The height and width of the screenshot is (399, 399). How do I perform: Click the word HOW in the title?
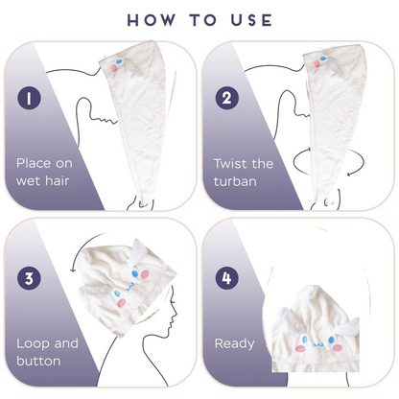click(152, 20)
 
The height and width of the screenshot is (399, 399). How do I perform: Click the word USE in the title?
click(251, 20)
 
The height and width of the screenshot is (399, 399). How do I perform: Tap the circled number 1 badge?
click(29, 98)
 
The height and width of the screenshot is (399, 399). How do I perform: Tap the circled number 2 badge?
click(226, 98)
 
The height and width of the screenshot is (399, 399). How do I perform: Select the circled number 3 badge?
click(29, 278)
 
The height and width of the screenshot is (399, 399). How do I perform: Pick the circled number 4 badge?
click(226, 278)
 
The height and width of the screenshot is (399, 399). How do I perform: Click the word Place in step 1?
click(35, 163)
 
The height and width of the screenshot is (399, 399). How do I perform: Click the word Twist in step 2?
click(231, 164)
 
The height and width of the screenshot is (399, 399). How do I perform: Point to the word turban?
click(235, 181)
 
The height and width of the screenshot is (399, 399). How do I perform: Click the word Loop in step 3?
click(34, 344)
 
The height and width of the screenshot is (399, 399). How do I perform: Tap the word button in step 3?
click(38, 361)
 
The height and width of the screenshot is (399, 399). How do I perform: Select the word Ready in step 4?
click(235, 344)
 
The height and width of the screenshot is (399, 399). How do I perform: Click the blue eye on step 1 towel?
click(119, 60)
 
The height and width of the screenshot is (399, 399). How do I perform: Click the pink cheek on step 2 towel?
click(317, 63)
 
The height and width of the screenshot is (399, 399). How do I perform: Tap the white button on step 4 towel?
click(317, 326)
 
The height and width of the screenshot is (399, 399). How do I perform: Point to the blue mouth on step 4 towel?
click(318, 345)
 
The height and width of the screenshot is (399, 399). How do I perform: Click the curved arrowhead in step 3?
click(73, 270)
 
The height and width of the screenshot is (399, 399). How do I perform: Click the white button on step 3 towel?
click(117, 274)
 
